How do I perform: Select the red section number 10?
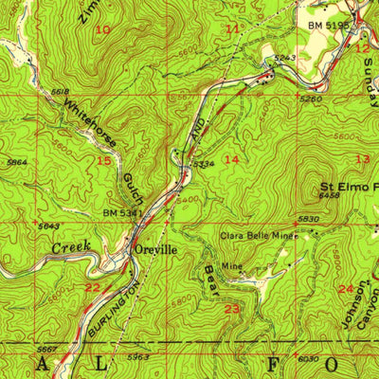click(102, 30)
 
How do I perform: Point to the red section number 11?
click(233, 29)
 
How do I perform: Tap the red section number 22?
click(92, 287)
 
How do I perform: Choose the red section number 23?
click(231, 309)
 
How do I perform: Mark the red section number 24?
click(345, 288)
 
